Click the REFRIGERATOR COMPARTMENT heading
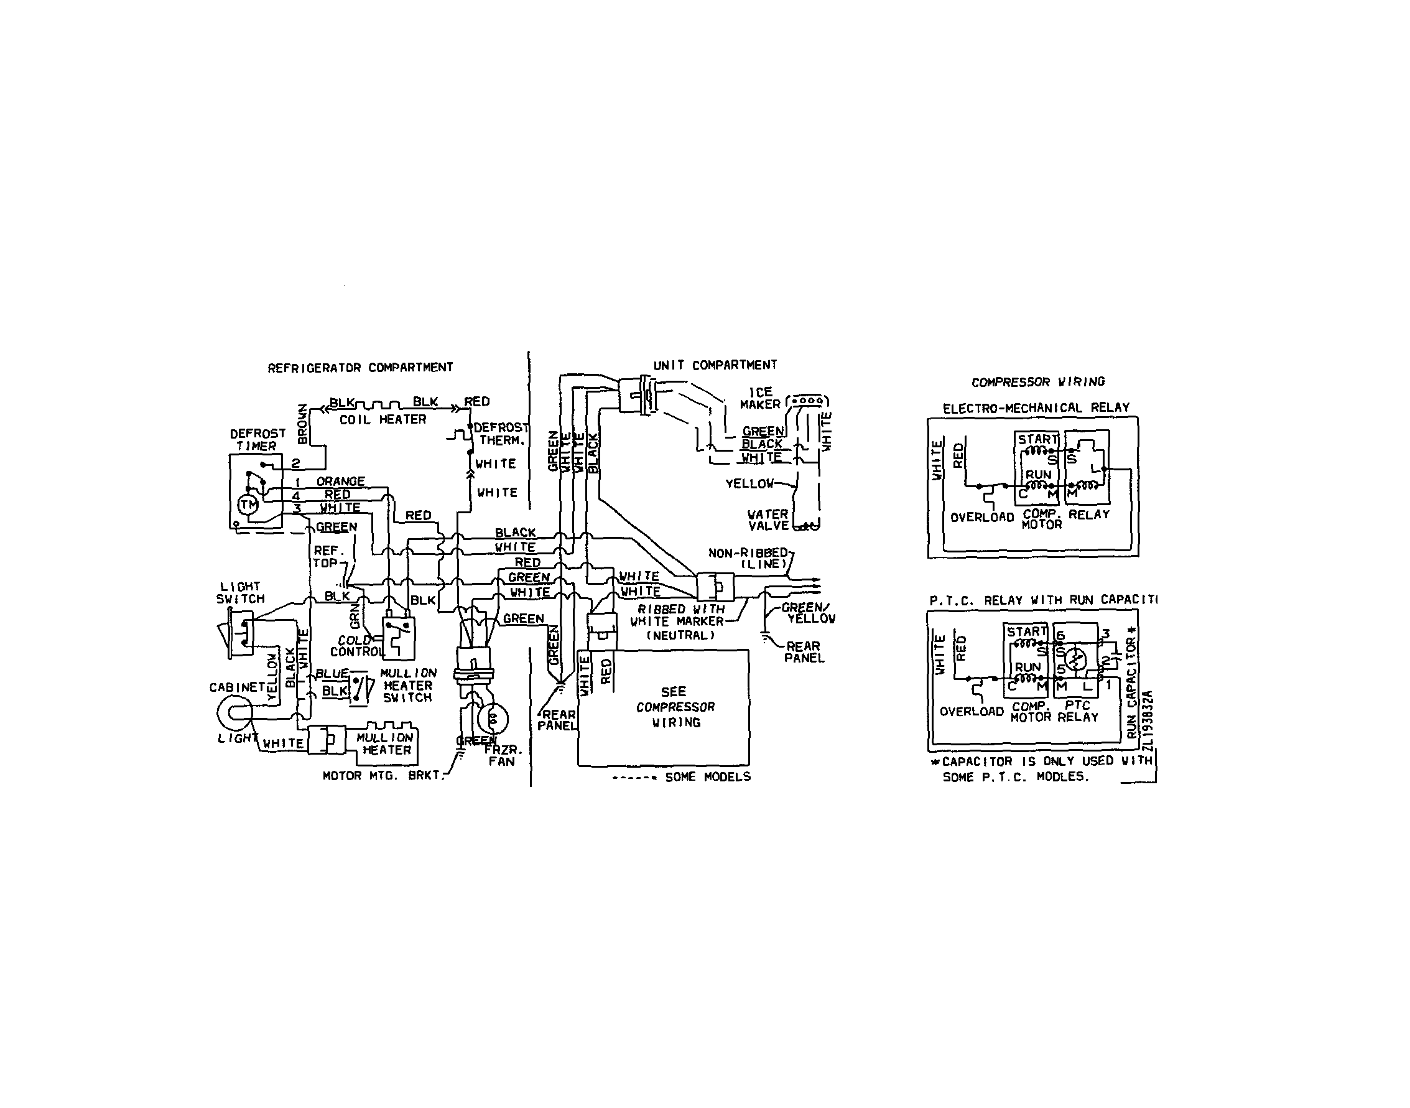click(360, 368)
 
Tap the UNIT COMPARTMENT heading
click(715, 365)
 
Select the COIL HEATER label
click(383, 420)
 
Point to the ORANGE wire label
click(340, 482)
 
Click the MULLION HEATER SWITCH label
click(408, 685)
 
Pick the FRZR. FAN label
click(503, 756)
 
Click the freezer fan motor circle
click(493, 718)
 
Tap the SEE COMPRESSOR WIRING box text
click(674, 707)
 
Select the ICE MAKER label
click(760, 398)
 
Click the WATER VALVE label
click(768, 519)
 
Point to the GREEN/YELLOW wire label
click(808, 613)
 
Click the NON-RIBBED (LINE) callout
click(749, 558)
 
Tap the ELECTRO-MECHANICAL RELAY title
click(1036, 408)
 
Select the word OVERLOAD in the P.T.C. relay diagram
click(971, 712)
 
